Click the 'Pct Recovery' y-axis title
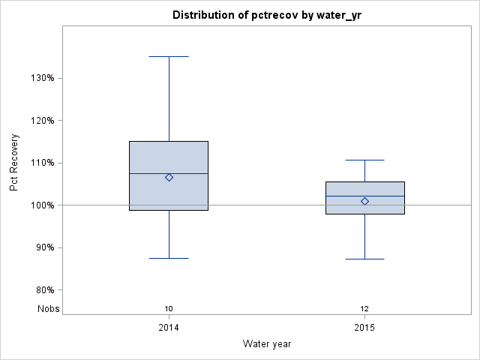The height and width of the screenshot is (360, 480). tap(14, 163)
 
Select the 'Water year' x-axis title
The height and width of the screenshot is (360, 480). tap(267, 343)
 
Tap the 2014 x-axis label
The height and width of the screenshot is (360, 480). tap(169, 328)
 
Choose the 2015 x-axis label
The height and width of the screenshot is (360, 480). tap(364, 328)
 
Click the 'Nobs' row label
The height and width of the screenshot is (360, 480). tap(49, 309)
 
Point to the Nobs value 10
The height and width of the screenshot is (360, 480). tap(169, 309)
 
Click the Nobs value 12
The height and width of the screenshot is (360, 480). tap(364, 309)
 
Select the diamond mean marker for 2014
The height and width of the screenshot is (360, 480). tap(169, 178)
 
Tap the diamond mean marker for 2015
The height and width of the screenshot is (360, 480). tap(364, 201)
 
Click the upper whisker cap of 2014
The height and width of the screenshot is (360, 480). tap(169, 56)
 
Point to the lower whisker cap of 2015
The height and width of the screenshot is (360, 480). tap(364, 259)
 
